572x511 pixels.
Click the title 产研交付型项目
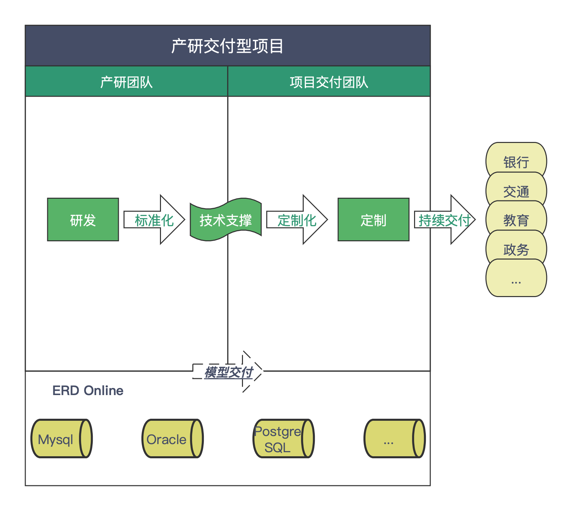227,46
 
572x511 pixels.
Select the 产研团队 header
126,82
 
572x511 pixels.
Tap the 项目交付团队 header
329,82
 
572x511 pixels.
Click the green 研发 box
83,220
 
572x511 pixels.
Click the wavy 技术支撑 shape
225,220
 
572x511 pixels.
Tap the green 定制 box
373,220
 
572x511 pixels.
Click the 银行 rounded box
516,161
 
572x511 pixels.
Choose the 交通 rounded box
516,191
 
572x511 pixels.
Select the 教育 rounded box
516,220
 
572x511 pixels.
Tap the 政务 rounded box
516,249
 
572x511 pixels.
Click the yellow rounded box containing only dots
516,279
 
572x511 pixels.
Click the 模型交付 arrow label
228,372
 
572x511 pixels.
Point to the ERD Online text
88,390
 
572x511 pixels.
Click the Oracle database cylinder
172,439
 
